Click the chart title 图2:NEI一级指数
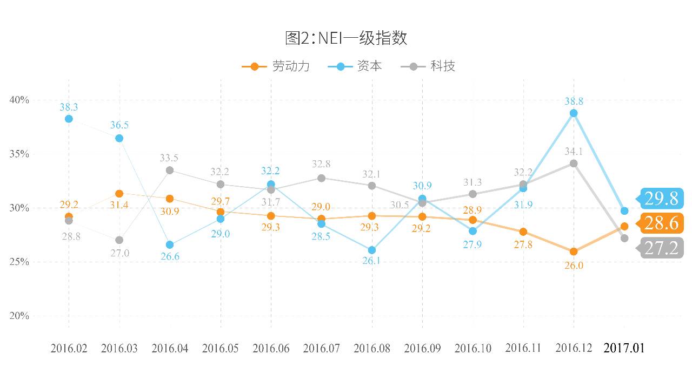coord(346,38)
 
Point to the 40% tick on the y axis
coord(19,100)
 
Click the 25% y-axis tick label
coord(19,262)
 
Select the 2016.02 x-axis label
coord(69,348)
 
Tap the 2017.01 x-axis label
coord(624,348)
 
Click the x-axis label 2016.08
coord(372,348)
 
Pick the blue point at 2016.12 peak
coord(574,113)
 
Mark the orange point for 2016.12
coord(574,251)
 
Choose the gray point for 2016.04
coord(170,170)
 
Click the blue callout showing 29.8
coord(661,199)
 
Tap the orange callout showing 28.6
coord(661,223)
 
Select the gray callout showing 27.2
coord(661,248)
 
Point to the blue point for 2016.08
coord(372,250)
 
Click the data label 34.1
coord(574,152)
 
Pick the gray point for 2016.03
coord(119,240)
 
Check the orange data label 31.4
coord(119,205)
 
